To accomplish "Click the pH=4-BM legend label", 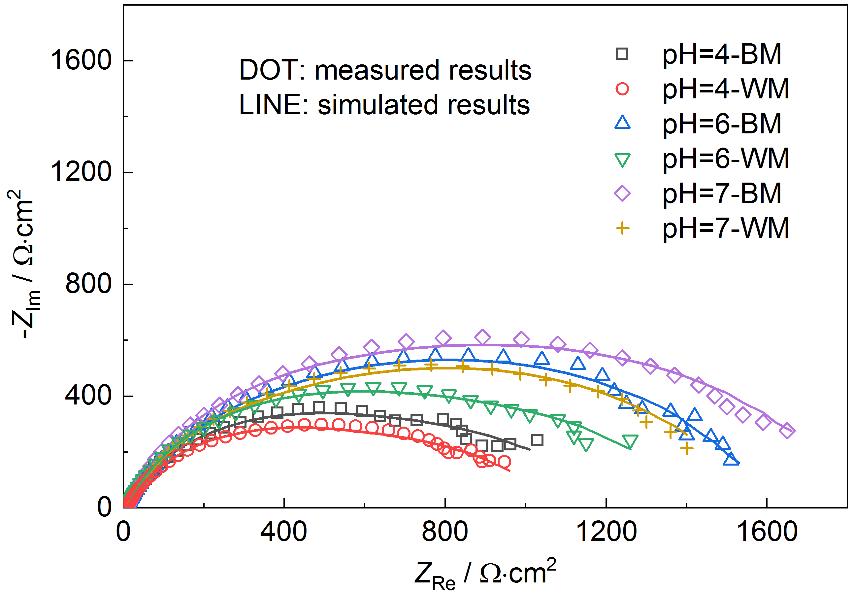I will pos(721,54).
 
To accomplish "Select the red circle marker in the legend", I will pos(622,89).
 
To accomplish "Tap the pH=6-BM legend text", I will pos(721,124).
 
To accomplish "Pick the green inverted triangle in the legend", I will pos(622,160).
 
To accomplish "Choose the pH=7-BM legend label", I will pos(721,193).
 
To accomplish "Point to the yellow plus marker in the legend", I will pos(622,228).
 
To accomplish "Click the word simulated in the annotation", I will pos(378,104).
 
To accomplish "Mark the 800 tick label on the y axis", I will pos(88,284).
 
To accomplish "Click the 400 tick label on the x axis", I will pos(283,532).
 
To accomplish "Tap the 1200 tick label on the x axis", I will pos(606,532).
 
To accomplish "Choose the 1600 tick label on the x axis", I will pos(767,532).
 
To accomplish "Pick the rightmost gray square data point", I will pos(537,440).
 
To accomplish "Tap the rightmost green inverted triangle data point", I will pos(630,441).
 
